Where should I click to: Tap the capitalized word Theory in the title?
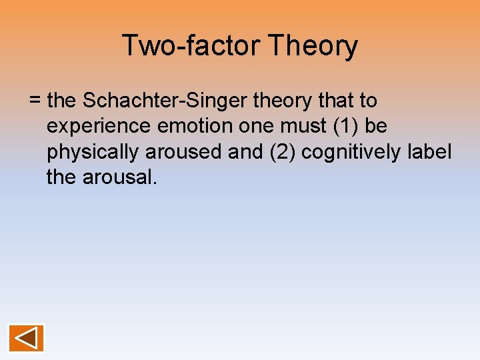[313, 46]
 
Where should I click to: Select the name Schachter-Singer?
[161, 101]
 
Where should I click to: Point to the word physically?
[93, 152]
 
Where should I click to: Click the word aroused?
[183, 152]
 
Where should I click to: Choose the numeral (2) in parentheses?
[279, 152]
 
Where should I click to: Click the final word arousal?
[120, 177]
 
